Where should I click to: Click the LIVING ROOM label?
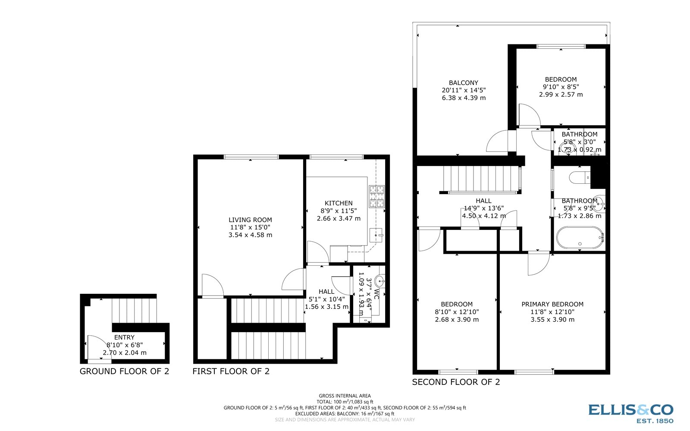pyautogui.click(x=250, y=220)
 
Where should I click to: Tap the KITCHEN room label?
pyautogui.click(x=339, y=203)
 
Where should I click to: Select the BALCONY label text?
pyautogui.click(x=464, y=82)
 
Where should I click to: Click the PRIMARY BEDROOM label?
pyautogui.click(x=552, y=304)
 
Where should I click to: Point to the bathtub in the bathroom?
pyautogui.click(x=580, y=238)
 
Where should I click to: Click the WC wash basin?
pyautogui.click(x=379, y=282)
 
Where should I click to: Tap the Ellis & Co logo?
pyautogui.click(x=630, y=413)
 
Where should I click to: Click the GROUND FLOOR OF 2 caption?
pyautogui.click(x=124, y=371)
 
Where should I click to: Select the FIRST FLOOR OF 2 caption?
pyautogui.click(x=231, y=371)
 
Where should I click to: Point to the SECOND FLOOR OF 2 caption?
pyautogui.click(x=456, y=382)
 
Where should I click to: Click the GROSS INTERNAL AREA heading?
pyautogui.click(x=345, y=396)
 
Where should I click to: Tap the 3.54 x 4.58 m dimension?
pyautogui.click(x=250, y=235)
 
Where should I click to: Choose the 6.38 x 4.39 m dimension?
pyautogui.click(x=464, y=98)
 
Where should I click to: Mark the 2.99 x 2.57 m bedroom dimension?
pyautogui.click(x=561, y=94)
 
